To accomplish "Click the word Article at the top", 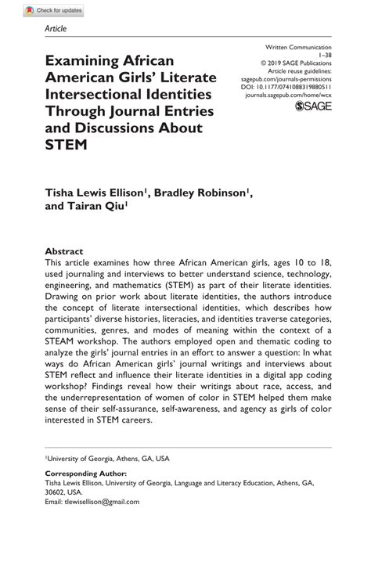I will pos(56,29).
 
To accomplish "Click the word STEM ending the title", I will pos(66,144).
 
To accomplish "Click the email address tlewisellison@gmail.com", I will pos(103,502).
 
